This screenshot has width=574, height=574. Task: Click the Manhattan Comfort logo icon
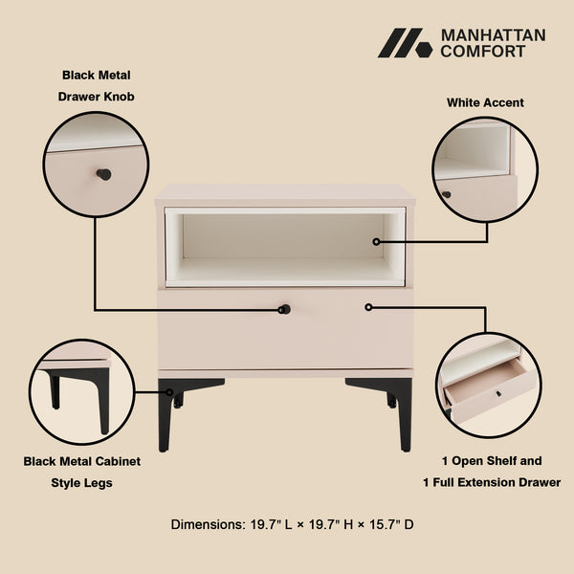pyautogui.click(x=405, y=43)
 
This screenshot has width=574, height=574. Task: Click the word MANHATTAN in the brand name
pyautogui.click(x=493, y=35)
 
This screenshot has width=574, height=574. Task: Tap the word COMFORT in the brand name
pyautogui.click(x=483, y=52)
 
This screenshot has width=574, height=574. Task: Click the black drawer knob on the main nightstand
pyautogui.click(x=284, y=309)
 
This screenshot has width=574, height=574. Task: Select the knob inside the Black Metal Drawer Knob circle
pyautogui.click(x=103, y=174)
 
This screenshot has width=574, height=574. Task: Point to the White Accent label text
pyautogui.click(x=485, y=102)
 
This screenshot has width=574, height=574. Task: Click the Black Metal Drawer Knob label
pyautogui.click(x=97, y=85)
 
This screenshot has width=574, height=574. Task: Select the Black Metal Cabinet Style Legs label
pyautogui.click(x=82, y=472)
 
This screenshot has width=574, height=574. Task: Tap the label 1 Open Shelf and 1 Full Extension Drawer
pyautogui.click(x=492, y=472)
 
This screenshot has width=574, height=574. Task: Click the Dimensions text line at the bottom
pyautogui.click(x=292, y=524)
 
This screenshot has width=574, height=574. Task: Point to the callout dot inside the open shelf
pyautogui.click(x=376, y=242)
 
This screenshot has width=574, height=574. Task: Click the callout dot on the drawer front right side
pyautogui.click(x=368, y=307)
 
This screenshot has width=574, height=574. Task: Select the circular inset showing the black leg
pyautogui.click(x=82, y=391)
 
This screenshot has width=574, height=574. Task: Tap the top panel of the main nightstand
pyautogui.click(x=285, y=194)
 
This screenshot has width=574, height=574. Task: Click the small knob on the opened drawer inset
pyautogui.click(x=497, y=393)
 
